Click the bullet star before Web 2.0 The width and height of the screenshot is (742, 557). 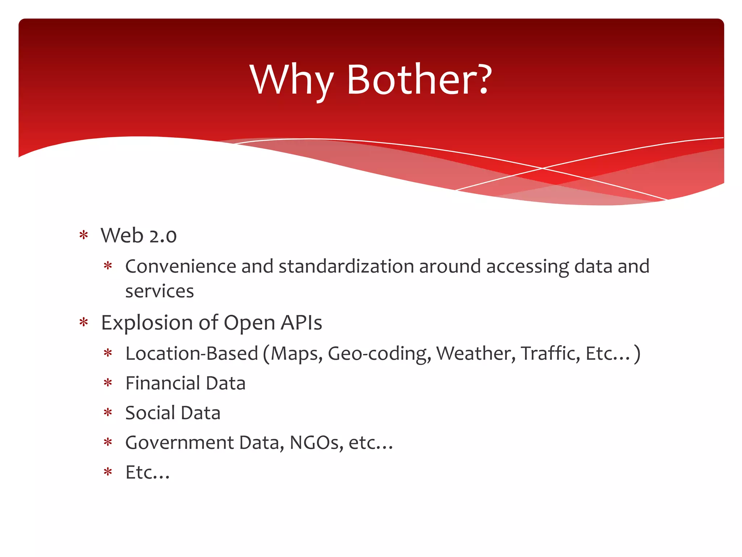[x=84, y=235]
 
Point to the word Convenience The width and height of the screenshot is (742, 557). [x=181, y=267]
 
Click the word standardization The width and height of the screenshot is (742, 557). [x=346, y=267]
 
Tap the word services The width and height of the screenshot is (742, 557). [x=159, y=291]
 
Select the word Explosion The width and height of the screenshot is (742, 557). [x=147, y=323]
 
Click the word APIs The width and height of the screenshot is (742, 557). [x=301, y=323]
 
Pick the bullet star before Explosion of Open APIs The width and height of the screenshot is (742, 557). [x=84, y=322]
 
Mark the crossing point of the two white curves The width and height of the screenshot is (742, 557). [x=542, y=168]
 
